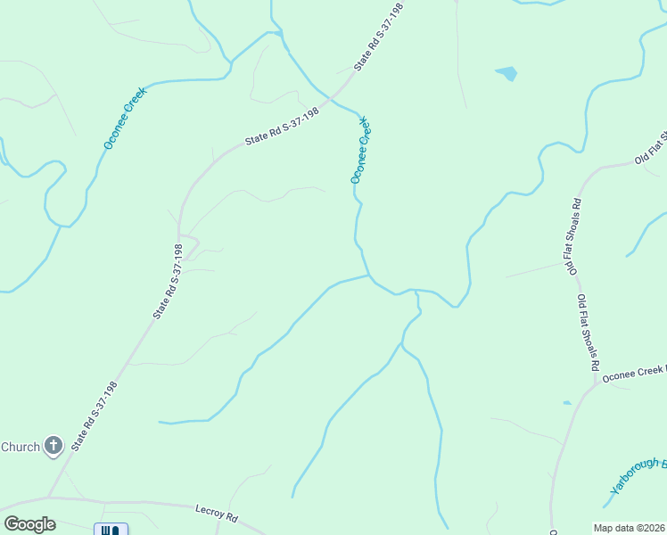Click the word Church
coord(20,447)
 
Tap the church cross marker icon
coord(54,446)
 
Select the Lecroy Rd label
coord(217,514)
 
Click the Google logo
coord(29,524)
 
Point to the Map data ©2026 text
coord(630,528)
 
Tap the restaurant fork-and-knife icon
coord(111,531)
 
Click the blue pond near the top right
coord(506,73)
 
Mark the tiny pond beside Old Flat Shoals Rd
coord(568,403)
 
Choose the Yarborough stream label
coord(638,477)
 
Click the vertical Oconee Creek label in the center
coord(360,150)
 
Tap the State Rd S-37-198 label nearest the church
coord(95,415)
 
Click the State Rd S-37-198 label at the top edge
coord(379,37)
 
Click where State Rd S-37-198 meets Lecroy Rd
coord(49,497)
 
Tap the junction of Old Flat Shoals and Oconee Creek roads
coord(595,386)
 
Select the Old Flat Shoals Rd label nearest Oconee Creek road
coord(588,332)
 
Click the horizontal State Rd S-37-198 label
coord(282,128)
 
